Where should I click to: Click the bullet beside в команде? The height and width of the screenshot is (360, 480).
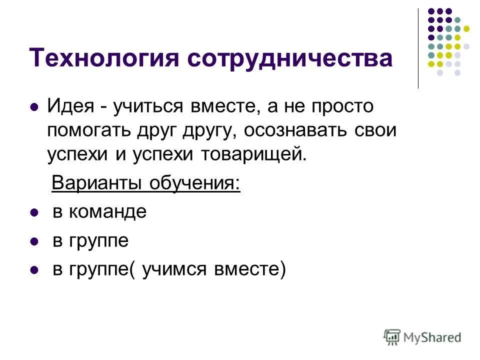coord(34,213)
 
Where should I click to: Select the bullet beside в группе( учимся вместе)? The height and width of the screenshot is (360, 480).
coord(34,270)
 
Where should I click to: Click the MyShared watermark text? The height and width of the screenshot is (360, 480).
coord(432,337)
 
